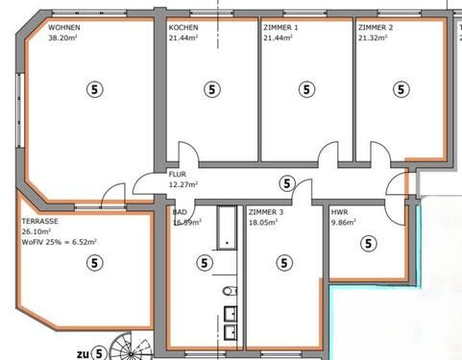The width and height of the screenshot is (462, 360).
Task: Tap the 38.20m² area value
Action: (x=65, y=39)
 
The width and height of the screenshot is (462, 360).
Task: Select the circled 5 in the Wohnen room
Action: (x=94, y=89)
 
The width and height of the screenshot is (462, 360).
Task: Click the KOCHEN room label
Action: (x=184, y=28)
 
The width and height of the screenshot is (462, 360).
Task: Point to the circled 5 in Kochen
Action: (x=210, y=89)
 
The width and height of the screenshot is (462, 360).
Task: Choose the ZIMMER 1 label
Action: (x=280, y=28)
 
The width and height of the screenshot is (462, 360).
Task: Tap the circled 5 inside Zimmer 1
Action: (x=305, y=89)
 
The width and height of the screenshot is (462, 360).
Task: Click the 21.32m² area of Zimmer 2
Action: (x=376, y=39)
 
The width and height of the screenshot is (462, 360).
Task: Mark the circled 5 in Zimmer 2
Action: (x=401, y=89)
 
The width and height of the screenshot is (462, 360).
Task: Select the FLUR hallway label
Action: (x=178, y=174)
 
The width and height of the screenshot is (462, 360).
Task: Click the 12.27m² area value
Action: (x=183, y=184)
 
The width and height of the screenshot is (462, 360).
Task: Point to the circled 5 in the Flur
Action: (x=285, y=182)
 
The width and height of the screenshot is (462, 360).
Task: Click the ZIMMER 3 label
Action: (x=266, y=210)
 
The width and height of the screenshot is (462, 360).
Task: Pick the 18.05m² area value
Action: (x=264, y=221)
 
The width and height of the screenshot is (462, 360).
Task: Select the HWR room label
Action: (x=339, y=210)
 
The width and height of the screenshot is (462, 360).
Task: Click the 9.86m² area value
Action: (x=343, y=221)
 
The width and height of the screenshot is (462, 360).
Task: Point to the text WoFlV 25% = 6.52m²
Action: (x=59, y=242)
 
